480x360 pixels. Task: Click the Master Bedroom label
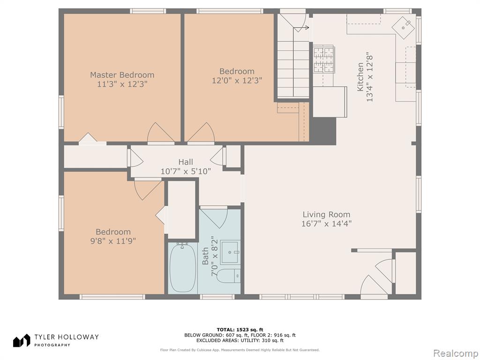click(122, 75)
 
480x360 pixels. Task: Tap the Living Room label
click(326, 215)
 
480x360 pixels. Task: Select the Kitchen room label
click(360, 77)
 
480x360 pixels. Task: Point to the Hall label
click(186, 162)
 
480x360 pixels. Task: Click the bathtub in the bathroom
click(183, 268)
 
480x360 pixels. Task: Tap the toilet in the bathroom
click(228, 277)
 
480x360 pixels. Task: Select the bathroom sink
click(230, 252)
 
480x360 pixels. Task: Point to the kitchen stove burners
click(323, 60)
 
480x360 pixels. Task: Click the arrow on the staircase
click(301, 28)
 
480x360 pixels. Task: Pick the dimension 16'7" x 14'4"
click(326, 224)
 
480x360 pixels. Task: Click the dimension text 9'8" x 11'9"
click(113, 241)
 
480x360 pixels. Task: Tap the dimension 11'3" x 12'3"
click(122, 84)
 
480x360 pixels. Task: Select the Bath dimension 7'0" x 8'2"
click(215, 256)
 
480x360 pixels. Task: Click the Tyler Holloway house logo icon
click(22, 340)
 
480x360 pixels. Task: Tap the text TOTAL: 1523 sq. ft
click(240, 330)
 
